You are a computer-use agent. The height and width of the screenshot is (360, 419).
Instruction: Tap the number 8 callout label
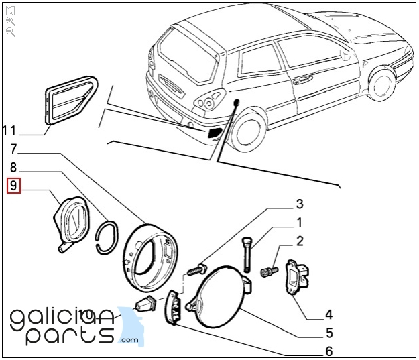point(13,168)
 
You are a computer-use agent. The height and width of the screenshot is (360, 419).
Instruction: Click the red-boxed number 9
point(13,186)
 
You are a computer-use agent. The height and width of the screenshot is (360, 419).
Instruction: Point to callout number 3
point(300,204)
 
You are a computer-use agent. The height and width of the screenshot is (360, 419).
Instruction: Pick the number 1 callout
point(300,223)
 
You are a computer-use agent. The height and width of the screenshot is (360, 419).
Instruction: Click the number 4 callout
point(328,314)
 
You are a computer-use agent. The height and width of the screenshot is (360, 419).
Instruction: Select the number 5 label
point(328,333)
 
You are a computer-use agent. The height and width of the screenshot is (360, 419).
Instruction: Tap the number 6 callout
point(328,351)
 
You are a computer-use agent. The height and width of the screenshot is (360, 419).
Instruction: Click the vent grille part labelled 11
point(69,99)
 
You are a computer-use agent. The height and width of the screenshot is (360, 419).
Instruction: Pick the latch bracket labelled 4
point(296,276)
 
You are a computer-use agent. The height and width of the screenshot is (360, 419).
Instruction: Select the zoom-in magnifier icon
point(11,21)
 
